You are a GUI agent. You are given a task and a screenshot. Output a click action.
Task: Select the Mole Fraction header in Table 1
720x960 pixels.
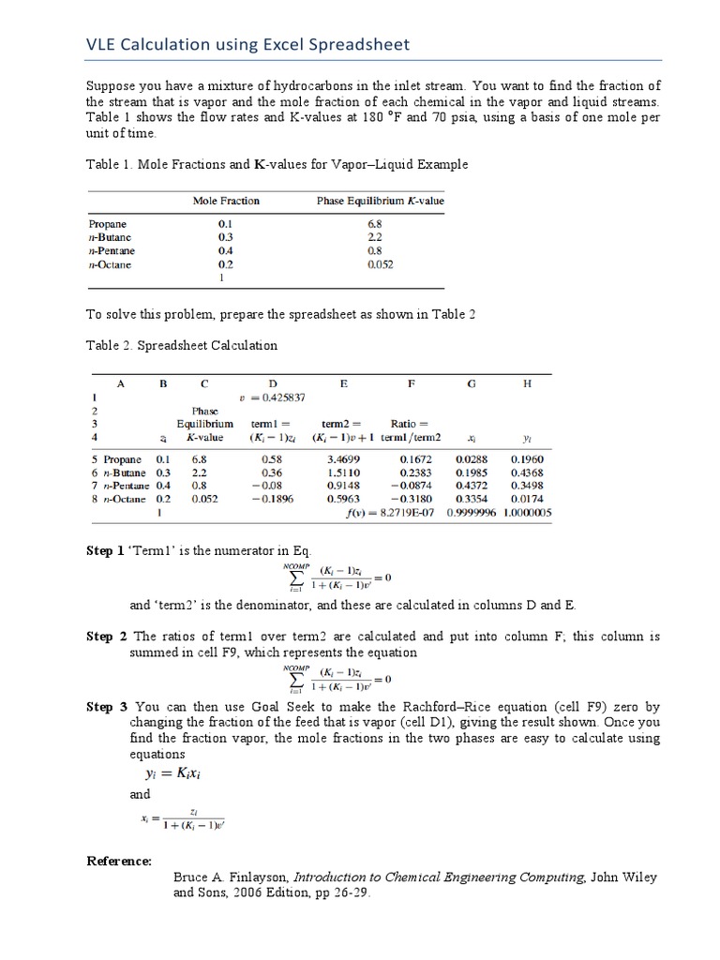tap(226, 201)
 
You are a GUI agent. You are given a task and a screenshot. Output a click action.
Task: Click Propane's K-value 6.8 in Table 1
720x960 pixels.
tap(375, 225)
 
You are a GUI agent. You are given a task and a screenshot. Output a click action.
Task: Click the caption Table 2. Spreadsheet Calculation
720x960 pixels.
tap(182, 345)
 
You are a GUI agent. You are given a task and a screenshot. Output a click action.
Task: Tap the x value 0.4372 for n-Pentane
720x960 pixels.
tap(471, 487)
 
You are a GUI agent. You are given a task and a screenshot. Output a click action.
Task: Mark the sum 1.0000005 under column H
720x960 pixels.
tap(527, 514)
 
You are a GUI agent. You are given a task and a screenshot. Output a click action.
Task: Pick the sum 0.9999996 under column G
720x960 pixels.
tap(471, 514)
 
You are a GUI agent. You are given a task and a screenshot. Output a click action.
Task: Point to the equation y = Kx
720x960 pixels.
tap(171, 773)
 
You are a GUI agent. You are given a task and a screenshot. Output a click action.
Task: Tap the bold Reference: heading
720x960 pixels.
tap(119, 861)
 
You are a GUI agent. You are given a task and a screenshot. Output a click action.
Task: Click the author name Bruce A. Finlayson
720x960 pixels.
tap(232, 877)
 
